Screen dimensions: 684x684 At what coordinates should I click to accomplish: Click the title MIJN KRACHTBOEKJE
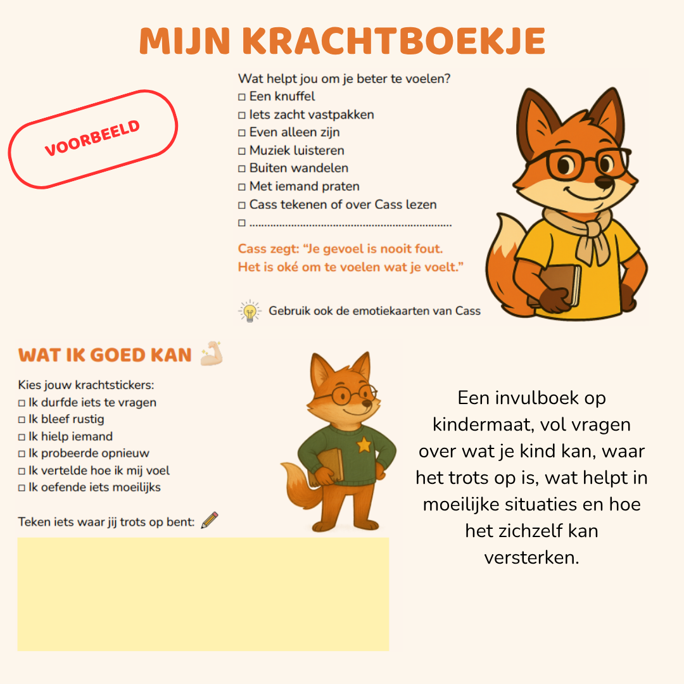click(x=342, y=41)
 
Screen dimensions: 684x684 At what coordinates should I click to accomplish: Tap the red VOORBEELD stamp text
click(x=92, y=139)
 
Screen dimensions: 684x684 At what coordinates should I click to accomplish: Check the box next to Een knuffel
click(x=241, y=98)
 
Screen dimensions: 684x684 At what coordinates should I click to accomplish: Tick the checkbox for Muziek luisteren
click(x=241, y=151)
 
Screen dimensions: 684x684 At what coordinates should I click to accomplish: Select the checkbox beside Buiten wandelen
click(x=241, y=169)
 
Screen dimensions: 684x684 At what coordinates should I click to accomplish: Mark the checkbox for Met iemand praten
click(x=241, y=187)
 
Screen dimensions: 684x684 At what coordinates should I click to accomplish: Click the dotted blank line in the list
click(x=350, y=224)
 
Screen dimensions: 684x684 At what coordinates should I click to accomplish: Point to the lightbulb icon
click(x=250, y=311)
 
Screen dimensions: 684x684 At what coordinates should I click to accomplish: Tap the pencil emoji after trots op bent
click(x=210, y=521)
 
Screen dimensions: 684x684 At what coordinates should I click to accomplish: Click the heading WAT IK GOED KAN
click(x=105, y=355)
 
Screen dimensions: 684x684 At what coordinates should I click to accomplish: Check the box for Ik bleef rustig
click(x=22, y=420)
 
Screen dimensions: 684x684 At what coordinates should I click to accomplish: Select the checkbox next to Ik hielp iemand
click(x=22, y=437)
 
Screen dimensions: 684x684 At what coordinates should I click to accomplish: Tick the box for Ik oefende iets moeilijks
click(x=22, y=488)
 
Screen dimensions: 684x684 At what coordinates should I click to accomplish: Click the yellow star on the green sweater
click(x=364, y=445)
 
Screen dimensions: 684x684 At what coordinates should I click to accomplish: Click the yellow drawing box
click(x=203, y=593)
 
